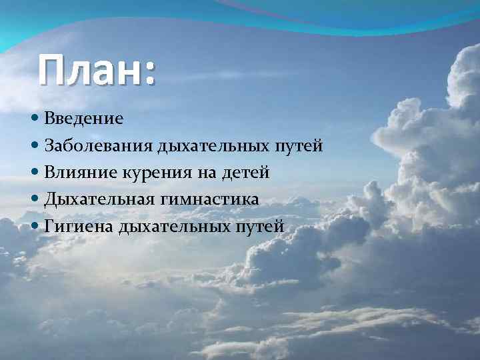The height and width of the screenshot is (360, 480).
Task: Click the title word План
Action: click(89, 70)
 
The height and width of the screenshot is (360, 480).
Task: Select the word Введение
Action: click(84, 119)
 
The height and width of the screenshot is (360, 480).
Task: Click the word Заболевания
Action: click(99, 146)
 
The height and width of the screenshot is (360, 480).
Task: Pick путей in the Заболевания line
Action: click(299, 146)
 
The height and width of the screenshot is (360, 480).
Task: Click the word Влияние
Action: click(80, 173)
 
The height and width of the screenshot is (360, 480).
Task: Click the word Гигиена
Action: click(79, 227)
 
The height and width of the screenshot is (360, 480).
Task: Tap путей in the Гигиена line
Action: click(261, 227)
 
